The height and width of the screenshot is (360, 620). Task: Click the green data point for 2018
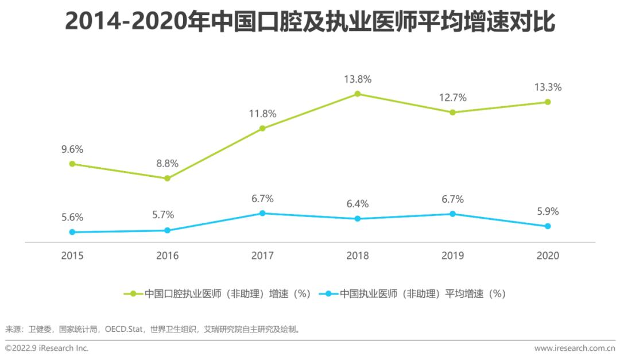357,94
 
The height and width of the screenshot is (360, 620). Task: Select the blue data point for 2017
262,213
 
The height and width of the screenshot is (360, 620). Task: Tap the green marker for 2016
167,178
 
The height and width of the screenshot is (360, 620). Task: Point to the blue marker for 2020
548,226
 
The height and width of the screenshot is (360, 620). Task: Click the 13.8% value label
357,79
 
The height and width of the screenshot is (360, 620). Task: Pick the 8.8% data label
167,164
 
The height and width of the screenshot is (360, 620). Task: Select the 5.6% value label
72,217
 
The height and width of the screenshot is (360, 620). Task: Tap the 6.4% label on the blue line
357,204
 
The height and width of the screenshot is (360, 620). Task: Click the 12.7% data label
452,97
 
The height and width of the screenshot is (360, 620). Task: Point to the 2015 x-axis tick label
72,256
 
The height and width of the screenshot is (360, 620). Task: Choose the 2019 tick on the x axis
452,256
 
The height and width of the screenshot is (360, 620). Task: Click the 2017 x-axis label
262,256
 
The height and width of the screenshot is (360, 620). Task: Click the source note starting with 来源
153,330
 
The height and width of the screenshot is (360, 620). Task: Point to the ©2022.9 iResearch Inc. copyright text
47,349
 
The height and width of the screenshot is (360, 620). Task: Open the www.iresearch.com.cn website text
574,349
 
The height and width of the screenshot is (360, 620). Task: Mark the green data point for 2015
72,164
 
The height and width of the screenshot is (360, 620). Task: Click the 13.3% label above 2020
548,87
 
